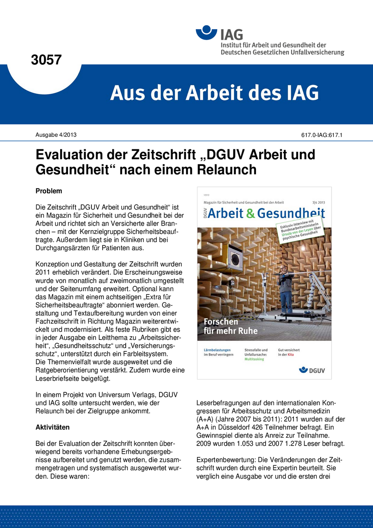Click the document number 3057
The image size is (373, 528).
tap(46, 60)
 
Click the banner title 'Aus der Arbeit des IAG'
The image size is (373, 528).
tap(214, 93)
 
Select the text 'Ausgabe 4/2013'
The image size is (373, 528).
tap(55, 134)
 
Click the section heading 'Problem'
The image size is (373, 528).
tap(49, 191)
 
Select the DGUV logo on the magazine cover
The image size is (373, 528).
tap(312, 370)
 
